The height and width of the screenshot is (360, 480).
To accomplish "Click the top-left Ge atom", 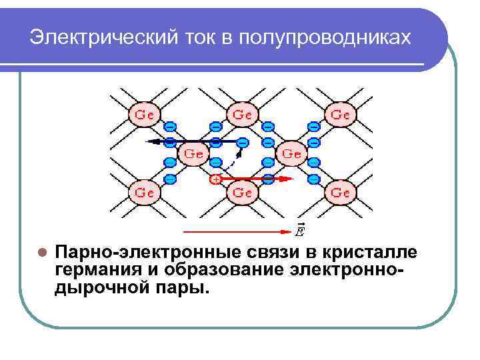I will point(145,114).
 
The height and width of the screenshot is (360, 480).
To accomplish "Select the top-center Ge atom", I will point(242,114).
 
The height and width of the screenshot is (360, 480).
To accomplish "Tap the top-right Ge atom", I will point(340,114).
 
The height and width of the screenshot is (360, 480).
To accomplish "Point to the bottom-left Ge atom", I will point(145,193).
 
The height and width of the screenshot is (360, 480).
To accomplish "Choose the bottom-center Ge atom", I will point(242,193).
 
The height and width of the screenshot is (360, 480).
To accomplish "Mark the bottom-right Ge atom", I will point(340,193).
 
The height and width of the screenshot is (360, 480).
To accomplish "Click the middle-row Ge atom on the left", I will point(193,153).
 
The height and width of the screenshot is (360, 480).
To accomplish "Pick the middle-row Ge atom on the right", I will point(291,153).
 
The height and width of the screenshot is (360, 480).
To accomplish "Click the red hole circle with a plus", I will point(215,179).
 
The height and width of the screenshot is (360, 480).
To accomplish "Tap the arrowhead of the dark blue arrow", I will point(151,141).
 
